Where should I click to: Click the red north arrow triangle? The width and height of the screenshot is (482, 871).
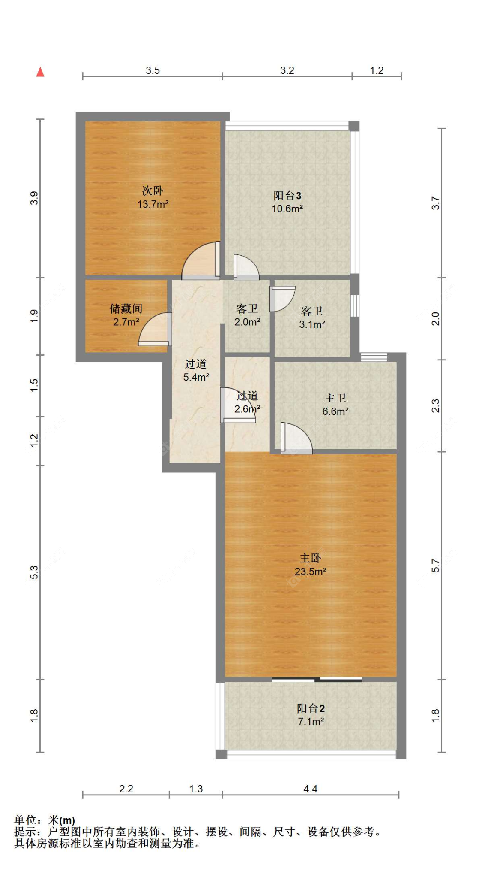click(x=40, y=72)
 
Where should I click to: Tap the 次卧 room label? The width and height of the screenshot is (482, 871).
click(x=153, y=191)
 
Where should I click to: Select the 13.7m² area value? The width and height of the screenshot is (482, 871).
click(x=153, y=204)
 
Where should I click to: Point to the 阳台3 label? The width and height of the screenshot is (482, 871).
click(x=287, y=196)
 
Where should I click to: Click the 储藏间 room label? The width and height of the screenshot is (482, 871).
click(x=126, y=308)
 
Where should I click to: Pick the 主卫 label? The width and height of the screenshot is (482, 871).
click(x=335, y=398)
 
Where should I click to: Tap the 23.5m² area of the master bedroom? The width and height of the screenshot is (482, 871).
click(x=311, y=572)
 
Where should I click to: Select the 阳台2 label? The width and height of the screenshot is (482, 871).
click(x=311, y=708)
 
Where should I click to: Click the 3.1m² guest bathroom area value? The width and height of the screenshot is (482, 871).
click(x=312, y=324)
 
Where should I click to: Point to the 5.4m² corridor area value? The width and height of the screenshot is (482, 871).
click(x=196, y=377)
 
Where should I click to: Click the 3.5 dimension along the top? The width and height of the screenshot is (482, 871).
click(x=153, y=70)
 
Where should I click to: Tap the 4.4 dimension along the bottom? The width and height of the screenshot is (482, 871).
click(x=310, y=789)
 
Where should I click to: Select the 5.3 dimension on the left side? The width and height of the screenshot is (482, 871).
click(x=34, y=572)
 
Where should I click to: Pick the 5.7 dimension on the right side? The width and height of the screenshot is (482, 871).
click(x=435, y=566)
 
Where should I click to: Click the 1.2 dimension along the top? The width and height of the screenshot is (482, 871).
click(x=377, y=70)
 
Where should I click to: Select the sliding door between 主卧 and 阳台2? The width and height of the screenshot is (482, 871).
click(x=317, y=679)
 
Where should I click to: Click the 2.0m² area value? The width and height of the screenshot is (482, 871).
click(x=247, y=322)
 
